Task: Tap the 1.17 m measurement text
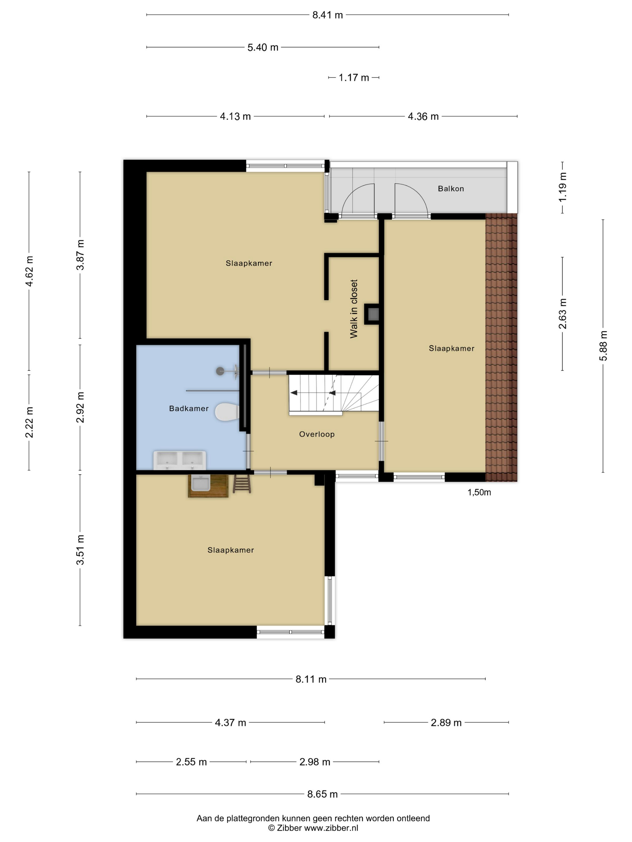click(354, 78)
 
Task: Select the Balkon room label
click(451, 189)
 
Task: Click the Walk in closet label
click(354, 309)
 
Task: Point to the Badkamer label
click(189, 408)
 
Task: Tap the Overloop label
click(317, 434)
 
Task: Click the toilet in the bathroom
click(227, 412)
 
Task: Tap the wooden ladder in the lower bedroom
click(242, 484)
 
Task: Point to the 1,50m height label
click(479, 492)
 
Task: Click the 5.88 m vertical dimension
click(603, 346)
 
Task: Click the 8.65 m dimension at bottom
click(322, 794)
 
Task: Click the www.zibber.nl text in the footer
click(331, 828)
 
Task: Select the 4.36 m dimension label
click(423, 116)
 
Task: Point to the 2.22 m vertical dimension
click(29, 422)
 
